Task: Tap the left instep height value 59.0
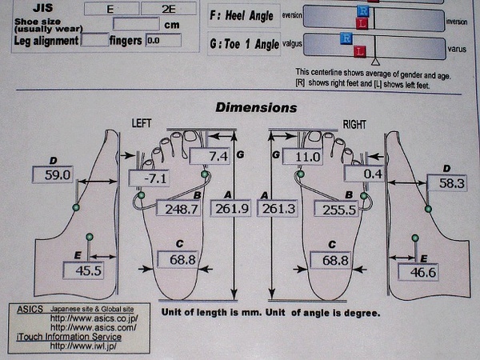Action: pos(53,174)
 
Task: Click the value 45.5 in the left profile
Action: pos(83,270)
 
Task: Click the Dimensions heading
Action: pos(256,107)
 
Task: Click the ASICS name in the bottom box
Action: pos(30,307)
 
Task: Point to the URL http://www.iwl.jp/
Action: pos(82,346)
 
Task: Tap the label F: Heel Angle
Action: pos(244,14)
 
